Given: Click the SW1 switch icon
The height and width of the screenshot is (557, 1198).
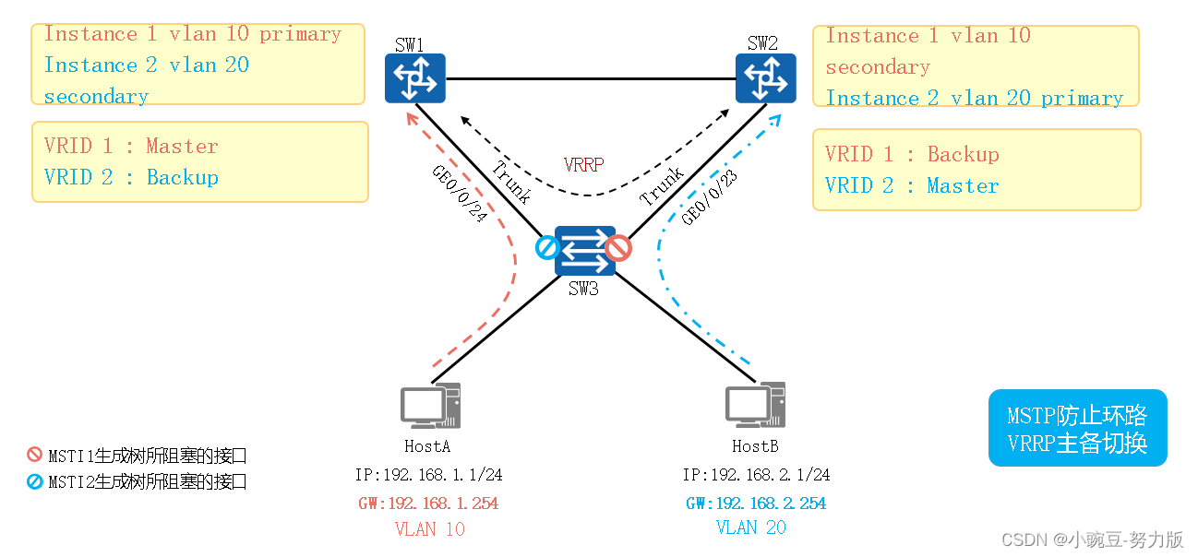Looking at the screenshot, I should tap(415, 78).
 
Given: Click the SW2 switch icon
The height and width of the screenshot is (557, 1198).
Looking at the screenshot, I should tap(765, 78).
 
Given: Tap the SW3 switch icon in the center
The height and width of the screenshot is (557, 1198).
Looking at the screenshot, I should tap(585, 250).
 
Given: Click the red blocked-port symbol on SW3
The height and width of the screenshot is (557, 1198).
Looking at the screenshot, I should tap(618, 247).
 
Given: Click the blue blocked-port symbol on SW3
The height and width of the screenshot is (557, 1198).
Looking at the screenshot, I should tap(547, 247).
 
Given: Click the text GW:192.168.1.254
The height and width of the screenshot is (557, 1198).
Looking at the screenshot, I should tap(428, 504).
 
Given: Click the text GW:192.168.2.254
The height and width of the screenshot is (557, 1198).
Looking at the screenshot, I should tap(756, 504).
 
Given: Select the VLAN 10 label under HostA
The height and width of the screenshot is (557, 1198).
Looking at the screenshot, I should tap(429, 529).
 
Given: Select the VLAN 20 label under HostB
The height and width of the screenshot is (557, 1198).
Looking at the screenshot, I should tap(751, 527).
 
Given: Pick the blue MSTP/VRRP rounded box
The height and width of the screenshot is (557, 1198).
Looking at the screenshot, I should tap(1077, 428).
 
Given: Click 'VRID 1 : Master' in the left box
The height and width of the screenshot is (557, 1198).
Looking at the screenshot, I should tap(131, 147).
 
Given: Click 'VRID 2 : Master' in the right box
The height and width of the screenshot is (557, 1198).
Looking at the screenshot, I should tap(911, 186).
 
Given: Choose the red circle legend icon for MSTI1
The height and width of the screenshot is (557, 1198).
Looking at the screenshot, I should tap(34, 455).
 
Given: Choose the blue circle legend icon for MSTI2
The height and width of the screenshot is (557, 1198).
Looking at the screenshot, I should tap(34, 481).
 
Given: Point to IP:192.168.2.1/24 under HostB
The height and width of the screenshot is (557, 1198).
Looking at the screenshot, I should tap(756, 475).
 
